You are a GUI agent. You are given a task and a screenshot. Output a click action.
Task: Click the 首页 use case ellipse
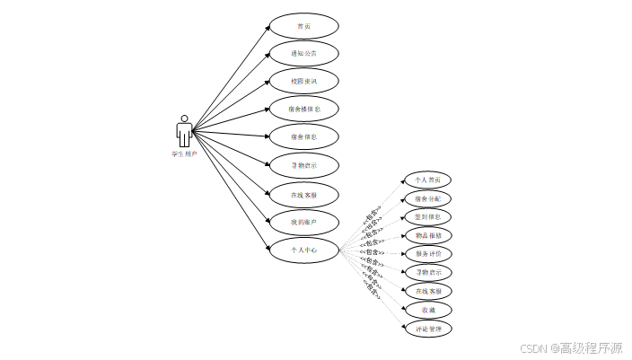303,26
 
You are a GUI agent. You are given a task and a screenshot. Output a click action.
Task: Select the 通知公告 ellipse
303,54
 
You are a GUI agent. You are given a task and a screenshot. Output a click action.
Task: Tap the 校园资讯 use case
303,82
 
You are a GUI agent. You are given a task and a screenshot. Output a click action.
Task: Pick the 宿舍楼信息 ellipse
303,110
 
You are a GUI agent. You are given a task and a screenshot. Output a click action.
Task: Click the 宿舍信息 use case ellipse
303,137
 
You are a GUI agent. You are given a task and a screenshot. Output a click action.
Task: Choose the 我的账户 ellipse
303,222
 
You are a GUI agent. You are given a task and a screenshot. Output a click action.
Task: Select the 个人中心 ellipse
303,250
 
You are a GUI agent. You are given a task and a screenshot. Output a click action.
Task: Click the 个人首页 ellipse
427,180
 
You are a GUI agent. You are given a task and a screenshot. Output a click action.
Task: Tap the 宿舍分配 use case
427,198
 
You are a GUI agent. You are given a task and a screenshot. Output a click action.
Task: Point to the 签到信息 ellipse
427,216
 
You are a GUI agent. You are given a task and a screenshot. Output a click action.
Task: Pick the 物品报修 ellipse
427,235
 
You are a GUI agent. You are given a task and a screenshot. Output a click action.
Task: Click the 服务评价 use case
427,254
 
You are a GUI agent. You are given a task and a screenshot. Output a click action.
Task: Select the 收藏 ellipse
427,310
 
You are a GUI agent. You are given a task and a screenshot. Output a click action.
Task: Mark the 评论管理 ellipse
427,329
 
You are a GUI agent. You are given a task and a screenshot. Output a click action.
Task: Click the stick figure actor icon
185,131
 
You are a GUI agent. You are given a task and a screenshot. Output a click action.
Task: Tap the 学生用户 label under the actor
185,154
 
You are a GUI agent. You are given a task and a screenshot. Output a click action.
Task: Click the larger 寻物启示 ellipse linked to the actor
303,165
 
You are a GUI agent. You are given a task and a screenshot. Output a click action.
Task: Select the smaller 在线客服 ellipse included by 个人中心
427,291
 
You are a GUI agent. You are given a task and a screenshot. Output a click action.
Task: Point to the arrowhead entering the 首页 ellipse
268,28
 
